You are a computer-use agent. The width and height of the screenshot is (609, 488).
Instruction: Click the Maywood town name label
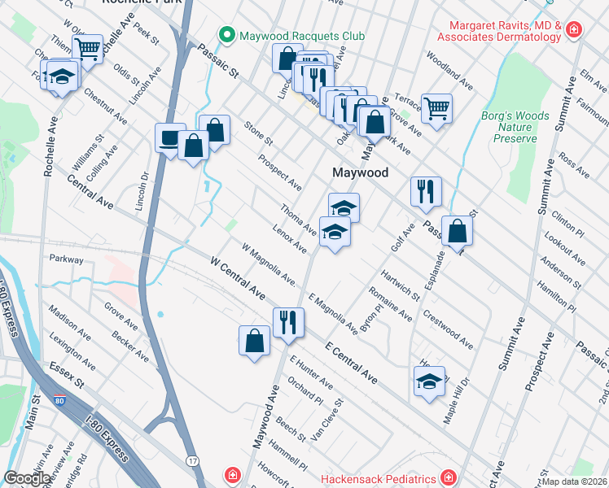(359, 172)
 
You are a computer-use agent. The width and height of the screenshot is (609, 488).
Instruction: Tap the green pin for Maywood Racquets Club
(226, 36)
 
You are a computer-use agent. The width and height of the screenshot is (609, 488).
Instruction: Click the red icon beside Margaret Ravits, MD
(574, 30)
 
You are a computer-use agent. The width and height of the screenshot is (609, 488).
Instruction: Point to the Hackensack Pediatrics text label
(375, 476)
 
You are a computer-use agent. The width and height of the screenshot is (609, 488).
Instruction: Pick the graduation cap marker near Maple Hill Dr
(429, 381)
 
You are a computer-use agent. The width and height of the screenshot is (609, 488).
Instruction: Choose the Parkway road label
(66, 259)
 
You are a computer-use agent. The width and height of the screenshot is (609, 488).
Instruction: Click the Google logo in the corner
(28, 478)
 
